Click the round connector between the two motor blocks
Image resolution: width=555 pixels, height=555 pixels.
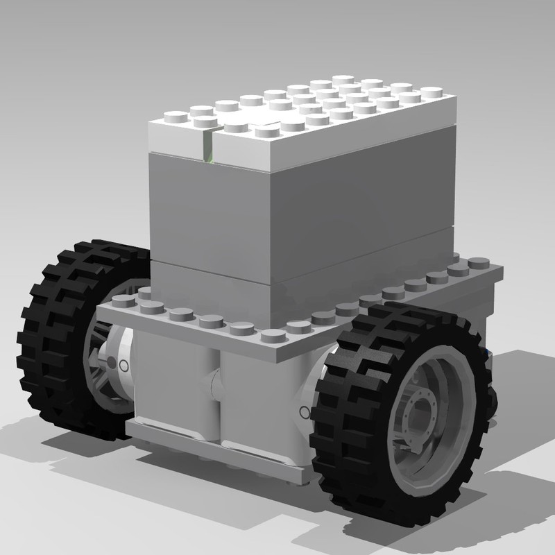click(x=216, y=382)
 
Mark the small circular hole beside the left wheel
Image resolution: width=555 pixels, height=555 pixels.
click(x=125, y=364)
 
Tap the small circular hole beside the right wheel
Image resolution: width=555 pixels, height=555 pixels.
click(x=303, y=413)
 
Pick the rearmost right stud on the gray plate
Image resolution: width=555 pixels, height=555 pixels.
click(x=477, y=262)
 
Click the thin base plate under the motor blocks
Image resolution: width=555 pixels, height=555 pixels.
click(x=208, y=451)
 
